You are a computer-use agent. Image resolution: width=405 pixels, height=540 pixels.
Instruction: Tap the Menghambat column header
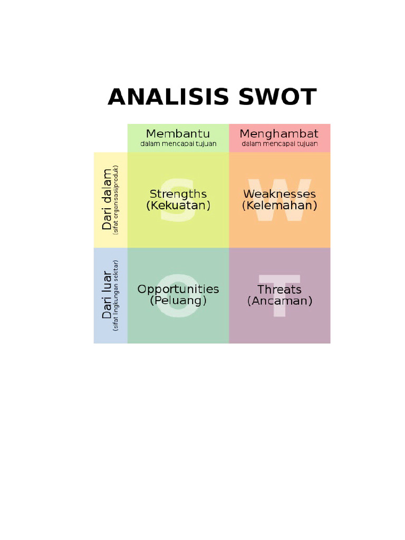[279, 133]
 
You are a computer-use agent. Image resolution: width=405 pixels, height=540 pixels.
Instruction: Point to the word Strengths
[178, 194]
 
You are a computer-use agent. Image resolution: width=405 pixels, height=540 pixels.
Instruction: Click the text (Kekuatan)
[178, 206]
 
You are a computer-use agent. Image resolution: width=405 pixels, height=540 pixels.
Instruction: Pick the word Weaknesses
[279, 194]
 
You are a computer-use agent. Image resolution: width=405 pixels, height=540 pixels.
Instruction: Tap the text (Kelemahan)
[279, 206]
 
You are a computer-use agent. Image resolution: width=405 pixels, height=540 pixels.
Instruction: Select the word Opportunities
[178, 289]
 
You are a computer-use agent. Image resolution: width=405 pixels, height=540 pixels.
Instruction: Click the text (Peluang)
[178, 301]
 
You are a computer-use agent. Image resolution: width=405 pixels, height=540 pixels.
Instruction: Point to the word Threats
[279, 289]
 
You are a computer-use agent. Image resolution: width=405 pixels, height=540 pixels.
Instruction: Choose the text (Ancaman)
[279, 301]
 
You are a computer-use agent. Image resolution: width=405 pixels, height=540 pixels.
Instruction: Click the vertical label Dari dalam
[108, 199]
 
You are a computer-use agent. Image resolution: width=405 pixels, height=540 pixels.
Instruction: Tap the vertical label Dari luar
[108, 295]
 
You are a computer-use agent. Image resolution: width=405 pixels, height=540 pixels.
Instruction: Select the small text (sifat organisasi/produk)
[116, 199]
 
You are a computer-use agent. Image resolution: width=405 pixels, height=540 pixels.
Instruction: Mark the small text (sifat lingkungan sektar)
[116, 295]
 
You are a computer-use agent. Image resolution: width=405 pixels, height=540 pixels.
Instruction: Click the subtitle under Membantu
[178, 144]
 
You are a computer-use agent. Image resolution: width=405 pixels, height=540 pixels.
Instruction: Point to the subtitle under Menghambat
[279, 144]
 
